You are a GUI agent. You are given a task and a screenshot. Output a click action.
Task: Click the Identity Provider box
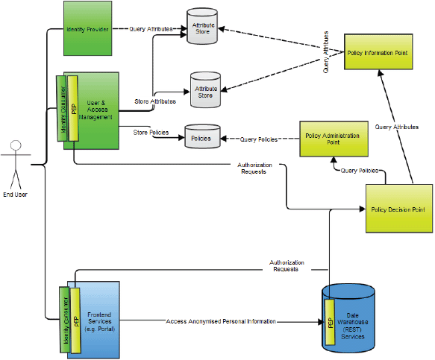(x=87, y=28)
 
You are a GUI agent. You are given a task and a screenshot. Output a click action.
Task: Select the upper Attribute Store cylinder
(x=202, y=26)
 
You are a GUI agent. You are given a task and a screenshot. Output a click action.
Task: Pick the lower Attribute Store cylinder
(x=206, y=89)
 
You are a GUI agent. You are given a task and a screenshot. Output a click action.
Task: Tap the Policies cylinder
(x=202, y=136)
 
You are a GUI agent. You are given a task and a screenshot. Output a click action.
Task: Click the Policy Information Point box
(x=378, y=52)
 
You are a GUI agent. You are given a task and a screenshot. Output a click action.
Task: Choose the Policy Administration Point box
(x=334, y=139)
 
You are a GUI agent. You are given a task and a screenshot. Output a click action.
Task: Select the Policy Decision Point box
(x=399, y=209)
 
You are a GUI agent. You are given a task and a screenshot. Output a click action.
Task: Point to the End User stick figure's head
(x=16, y=145)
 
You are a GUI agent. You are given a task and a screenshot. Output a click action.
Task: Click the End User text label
(x=15, y=195)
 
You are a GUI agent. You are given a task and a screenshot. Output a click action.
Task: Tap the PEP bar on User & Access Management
(x=73, y=108)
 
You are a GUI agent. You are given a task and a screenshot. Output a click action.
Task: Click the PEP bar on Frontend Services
(x=75, y=320)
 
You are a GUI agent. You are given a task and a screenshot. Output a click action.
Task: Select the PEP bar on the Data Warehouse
(x=330, y=322)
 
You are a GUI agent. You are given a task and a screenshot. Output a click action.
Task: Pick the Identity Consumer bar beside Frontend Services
(x=65, y=320)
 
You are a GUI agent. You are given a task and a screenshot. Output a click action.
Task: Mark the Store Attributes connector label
(x=155, y=101)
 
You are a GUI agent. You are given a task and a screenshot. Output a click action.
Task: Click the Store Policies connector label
(x=151, y=133)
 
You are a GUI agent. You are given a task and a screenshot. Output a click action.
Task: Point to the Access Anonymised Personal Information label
(x=221, y=321)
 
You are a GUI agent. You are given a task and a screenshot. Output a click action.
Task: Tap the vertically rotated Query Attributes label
(x=326, y=52)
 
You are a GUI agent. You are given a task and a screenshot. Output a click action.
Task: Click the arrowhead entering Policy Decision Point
(x=363, y=209)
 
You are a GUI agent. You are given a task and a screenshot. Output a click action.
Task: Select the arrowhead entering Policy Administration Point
(x=334, y=160)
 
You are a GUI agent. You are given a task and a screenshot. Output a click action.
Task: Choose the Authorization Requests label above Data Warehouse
(x=287, y=266)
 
